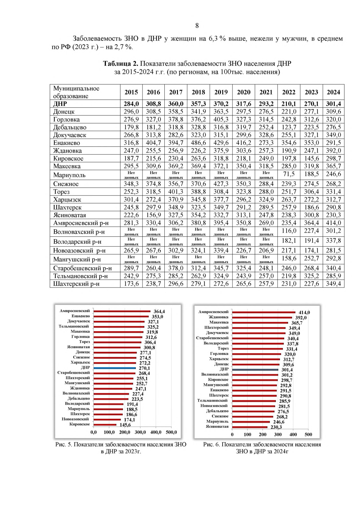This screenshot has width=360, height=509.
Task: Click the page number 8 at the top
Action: [x=197, y=25]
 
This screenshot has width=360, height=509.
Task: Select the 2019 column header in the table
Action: [x=221, y=92]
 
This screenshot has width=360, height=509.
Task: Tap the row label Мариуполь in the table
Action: [x=69, y=175]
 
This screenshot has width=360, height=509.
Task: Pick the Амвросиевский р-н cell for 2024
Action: [x=334, y=223]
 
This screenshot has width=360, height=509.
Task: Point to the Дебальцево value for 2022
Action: [x=289, y=127]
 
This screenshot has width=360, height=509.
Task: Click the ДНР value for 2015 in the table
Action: [x=131, y=104]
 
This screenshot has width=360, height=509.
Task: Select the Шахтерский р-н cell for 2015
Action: [x=131, y=284]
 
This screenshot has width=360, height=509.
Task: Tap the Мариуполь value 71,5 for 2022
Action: [x=289, y=174]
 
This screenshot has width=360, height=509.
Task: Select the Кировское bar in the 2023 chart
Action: [x=105, y=424]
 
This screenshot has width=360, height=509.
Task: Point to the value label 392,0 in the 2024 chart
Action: [x=301, y=318]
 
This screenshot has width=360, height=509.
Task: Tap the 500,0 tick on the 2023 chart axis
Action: [x=171, y=432]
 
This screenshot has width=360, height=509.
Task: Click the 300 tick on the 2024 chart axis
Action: [x=278, y=434]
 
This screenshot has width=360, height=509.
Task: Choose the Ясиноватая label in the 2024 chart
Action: [x=217, y=427]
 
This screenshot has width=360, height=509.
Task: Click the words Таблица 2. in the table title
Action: [x=121, y=64]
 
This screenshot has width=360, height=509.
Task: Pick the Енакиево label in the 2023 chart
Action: [x=81, y=316]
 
